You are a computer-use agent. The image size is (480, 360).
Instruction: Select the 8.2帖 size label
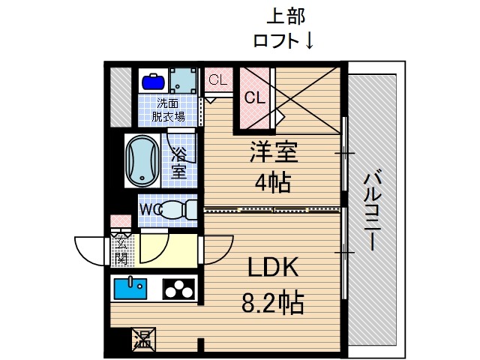coord(274,302)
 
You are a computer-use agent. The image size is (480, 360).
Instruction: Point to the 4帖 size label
coord(274,182)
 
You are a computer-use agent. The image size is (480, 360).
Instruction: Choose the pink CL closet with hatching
coord(255,98)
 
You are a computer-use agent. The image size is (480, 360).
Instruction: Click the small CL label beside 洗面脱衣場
coord(218,79)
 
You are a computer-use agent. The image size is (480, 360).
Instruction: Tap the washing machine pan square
coord(184,79)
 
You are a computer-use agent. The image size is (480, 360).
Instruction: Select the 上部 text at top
coord(286,16)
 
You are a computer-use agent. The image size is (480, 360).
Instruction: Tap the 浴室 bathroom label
coord(178,163)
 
